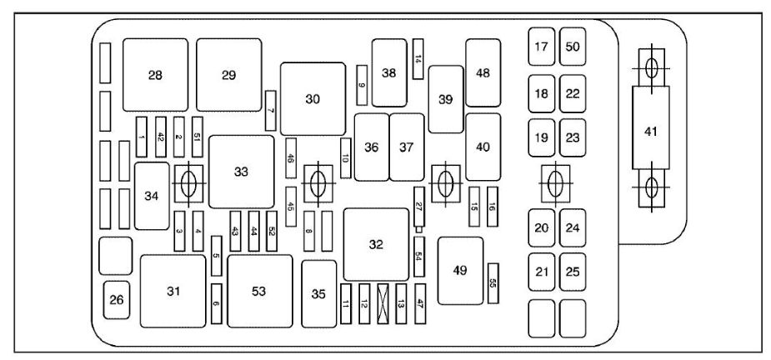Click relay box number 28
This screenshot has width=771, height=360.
click(155, 75)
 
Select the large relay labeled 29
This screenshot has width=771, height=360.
click(228, 75)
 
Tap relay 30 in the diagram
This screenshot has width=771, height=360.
click(313, 98)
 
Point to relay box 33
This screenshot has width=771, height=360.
click(241, 172)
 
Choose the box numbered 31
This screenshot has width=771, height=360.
click(173, 291)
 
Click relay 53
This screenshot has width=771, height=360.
click(259, 291)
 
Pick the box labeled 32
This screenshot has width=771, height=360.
click(376, 244)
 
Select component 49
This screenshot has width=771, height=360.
click(460, 270)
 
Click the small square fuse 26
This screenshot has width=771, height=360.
click(116, 300)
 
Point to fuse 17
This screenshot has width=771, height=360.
click(542, 47)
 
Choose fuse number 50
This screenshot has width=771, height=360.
click(573, 47)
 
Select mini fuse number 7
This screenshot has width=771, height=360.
click(270, 110)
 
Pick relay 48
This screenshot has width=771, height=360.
click(483, 72)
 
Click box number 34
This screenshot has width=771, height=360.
click(152, 196)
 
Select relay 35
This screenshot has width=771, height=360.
click(318, 293)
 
